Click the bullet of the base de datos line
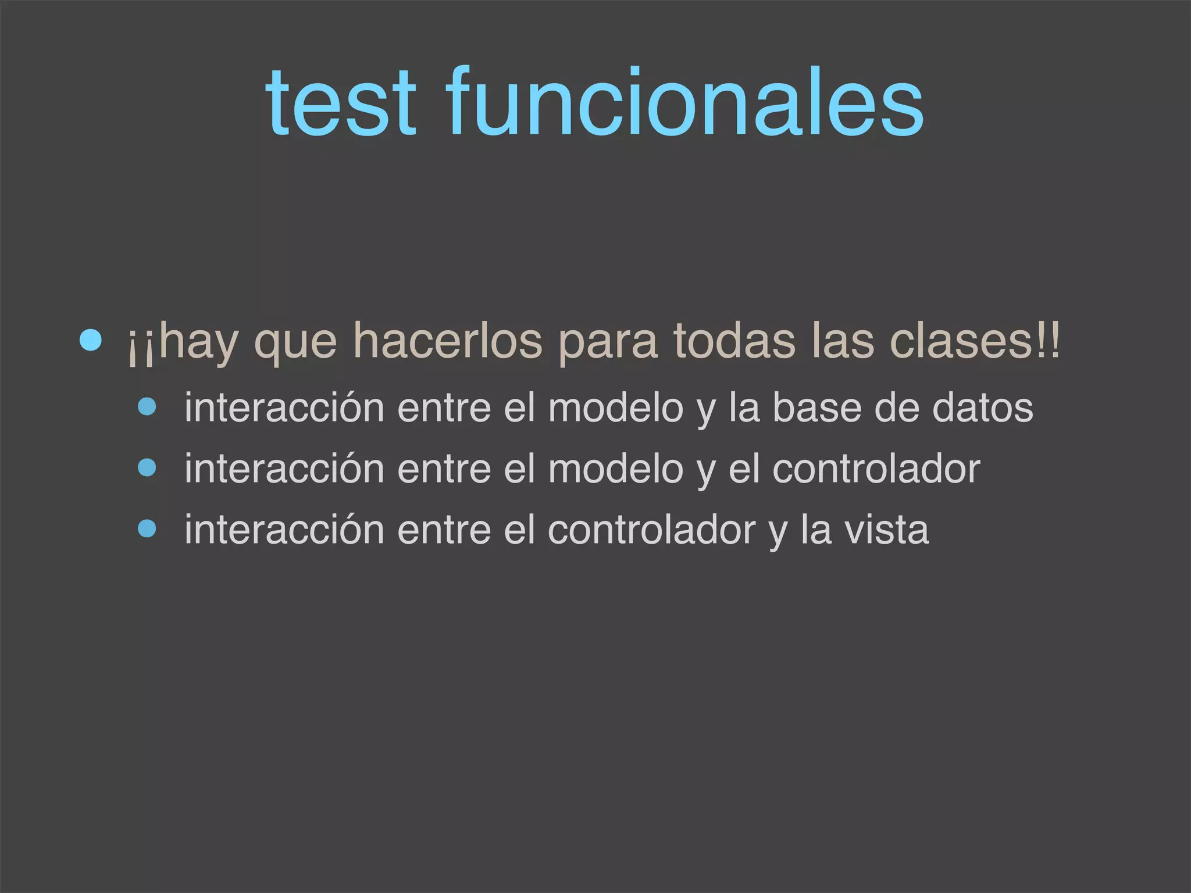coord(147,407)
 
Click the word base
coord(816,408)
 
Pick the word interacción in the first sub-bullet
coord(284,408)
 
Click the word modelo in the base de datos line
coord(615,408)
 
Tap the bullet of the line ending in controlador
coord(147,468)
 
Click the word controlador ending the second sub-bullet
coord(876,469)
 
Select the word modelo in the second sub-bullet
coord(615,469)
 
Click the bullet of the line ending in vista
coord(147,529)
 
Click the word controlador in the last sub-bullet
coord(651,530)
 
